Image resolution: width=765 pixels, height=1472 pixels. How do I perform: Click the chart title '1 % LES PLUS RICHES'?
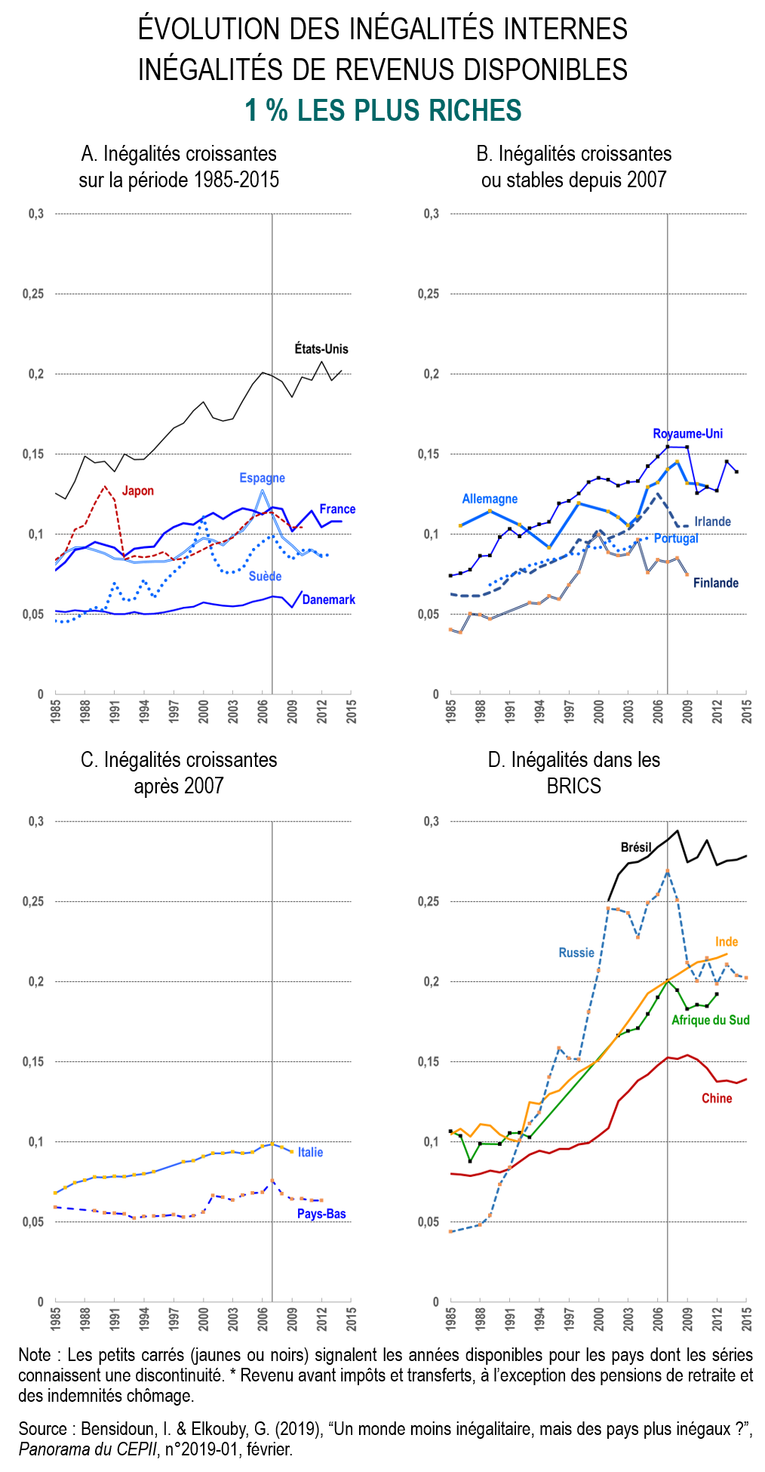point(383,111)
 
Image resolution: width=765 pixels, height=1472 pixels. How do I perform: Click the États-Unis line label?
point(321,349)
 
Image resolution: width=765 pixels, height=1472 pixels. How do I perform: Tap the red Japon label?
point(138,491)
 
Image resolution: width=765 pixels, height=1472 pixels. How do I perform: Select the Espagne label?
point(262,478)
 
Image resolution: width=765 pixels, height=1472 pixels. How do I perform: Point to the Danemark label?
point(328,599)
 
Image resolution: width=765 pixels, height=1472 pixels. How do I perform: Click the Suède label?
point(265,576)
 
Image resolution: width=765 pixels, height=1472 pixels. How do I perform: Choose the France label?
point(337,509)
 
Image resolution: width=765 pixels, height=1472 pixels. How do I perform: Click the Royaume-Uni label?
point(687,433)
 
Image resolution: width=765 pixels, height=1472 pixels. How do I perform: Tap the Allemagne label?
point(490,499)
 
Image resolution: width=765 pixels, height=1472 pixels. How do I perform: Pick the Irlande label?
point(712,522)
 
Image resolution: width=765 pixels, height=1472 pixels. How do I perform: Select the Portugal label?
point(676,538)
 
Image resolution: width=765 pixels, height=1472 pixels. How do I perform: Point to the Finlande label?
point(715,583)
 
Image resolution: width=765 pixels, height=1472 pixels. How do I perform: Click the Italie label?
point(310,1152)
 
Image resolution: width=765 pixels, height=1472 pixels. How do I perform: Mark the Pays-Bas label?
point(321,1214)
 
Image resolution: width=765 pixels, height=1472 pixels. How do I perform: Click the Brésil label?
point(636,847)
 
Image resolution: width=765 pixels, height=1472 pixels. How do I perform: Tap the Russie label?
point(576,953)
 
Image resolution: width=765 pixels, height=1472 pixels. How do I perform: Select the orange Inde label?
point(727,941)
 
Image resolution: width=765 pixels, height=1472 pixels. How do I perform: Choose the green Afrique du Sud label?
point(710,1020)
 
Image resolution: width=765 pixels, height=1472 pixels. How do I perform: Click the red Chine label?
point(717,1098)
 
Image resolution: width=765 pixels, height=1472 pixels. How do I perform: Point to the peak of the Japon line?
point(105,486)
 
